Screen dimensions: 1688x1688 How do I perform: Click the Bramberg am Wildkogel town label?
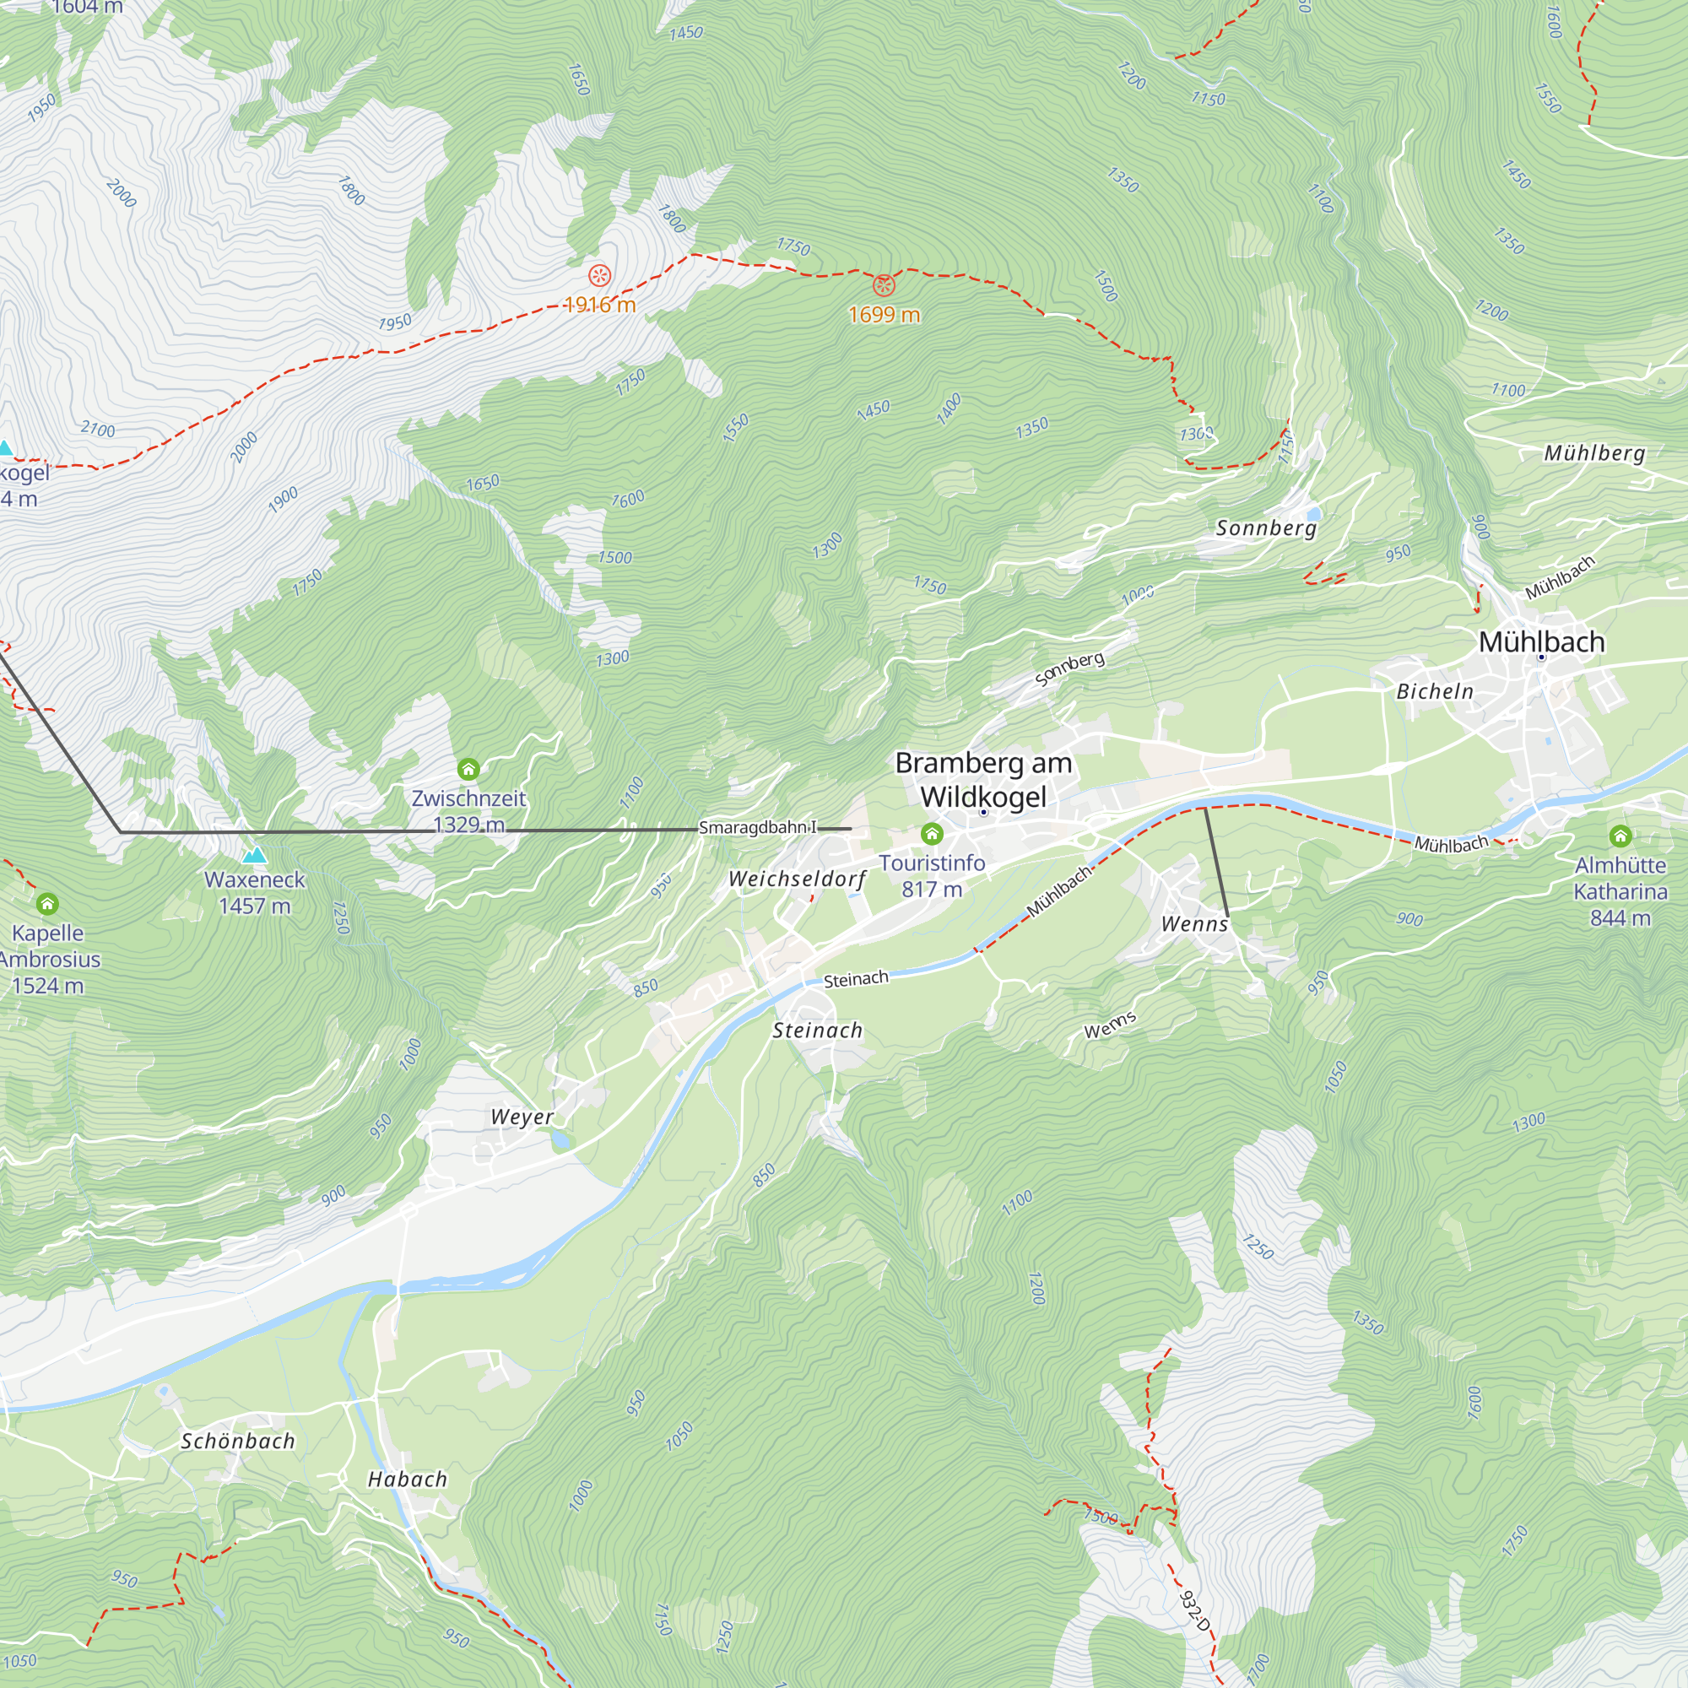coord(983,779)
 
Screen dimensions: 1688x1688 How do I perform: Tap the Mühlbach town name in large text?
coord(1541,642)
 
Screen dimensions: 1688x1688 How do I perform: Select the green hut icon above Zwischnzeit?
coord(468,769)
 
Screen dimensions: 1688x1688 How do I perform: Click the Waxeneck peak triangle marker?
coord(254,854)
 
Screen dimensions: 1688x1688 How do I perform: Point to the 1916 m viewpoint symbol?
coord(599,276)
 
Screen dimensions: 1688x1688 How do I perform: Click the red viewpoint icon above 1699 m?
coord(885,284)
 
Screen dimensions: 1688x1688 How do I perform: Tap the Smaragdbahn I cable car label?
coord(758,827)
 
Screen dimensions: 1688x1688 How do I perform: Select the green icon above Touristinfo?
coord(932,834)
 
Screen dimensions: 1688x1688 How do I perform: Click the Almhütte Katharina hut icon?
coord(1620,836)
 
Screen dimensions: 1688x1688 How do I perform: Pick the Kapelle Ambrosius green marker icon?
coord(47,903)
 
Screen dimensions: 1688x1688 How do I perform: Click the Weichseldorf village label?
coord(797,879)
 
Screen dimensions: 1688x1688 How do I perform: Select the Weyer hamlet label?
coord(522,1117)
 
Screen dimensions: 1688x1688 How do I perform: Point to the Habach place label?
coord(407,1480)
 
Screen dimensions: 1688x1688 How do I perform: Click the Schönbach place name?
coord(238,1442)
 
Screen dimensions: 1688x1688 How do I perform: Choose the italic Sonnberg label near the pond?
coord(1266,527)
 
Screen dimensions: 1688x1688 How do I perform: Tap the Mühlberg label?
coord(1594,452)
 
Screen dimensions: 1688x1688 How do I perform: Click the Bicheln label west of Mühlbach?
coord(1435,692)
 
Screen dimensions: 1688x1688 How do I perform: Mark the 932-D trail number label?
coord(1193,1610)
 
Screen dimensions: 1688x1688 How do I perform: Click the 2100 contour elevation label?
coord(98,429)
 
